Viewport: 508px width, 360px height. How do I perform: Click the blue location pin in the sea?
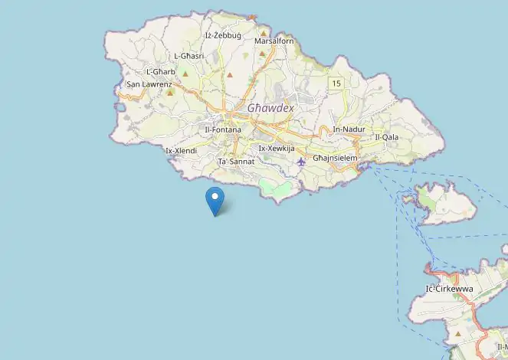point(215,199)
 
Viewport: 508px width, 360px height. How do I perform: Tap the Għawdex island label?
point(270,108)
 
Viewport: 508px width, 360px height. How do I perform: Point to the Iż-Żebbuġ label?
point(223,36)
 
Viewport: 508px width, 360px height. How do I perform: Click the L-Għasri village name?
point(188,56)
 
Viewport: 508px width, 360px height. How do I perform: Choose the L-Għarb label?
point(161,72)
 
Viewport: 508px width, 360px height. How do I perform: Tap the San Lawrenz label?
point(149,83)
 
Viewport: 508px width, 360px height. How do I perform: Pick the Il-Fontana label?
point(223,130)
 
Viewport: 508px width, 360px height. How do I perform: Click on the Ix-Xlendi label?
point(182,151)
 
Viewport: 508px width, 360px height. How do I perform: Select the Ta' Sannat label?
point(236,162)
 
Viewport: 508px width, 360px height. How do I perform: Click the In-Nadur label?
point(349,129)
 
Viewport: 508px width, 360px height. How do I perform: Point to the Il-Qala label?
point(387,137)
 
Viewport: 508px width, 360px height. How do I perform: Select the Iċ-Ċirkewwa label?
point(449,289)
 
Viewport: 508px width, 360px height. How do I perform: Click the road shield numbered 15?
point(336,82)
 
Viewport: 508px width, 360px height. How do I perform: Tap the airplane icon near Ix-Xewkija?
point(300,162)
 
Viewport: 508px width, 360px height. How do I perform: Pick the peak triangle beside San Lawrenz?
point(170,92)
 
